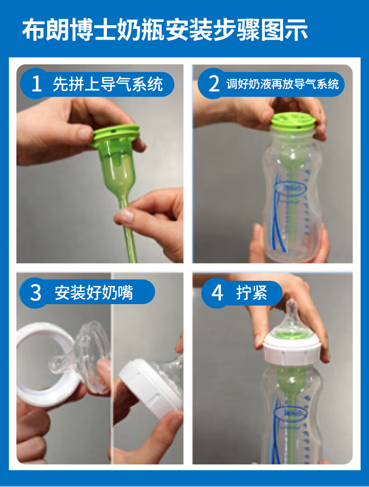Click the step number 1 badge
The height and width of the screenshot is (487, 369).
coord(36,83)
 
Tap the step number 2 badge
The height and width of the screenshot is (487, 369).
coord(214,84)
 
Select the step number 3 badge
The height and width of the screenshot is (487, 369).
coord(35,292)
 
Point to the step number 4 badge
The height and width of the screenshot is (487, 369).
coord(217,292)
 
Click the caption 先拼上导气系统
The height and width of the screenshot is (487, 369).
coord(107,84)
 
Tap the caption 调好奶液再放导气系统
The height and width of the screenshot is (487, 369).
coord(282,84)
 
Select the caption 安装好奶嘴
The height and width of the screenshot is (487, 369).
coord(94,292)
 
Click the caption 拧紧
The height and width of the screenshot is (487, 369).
coord(251,292)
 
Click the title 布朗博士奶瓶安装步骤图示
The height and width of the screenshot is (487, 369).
coord(165,30)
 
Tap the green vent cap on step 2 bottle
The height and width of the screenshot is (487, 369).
coord(293,122)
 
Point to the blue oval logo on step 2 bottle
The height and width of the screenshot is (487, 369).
coord(290,188)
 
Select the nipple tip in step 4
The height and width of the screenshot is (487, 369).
coord(291,307)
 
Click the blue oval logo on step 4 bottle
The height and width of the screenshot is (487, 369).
coord(290,413)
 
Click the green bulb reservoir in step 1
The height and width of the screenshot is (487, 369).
coord(119,165)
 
